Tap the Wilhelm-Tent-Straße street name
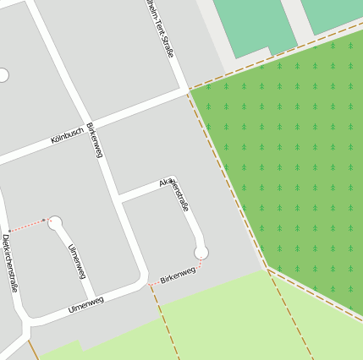click(x=160, y=29)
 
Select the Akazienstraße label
click(x=174, y=195)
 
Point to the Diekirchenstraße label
click(x=11, y=263)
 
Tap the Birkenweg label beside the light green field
click(x=178, y=274)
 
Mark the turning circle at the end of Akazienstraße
click(x=201, y=252)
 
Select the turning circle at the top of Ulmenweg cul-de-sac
click(x=55, y=222)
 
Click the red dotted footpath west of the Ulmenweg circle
click(x=26, y=224)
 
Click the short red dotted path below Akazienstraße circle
click(x=201, y=265)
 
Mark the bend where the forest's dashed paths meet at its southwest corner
click(x=267, y=269)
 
